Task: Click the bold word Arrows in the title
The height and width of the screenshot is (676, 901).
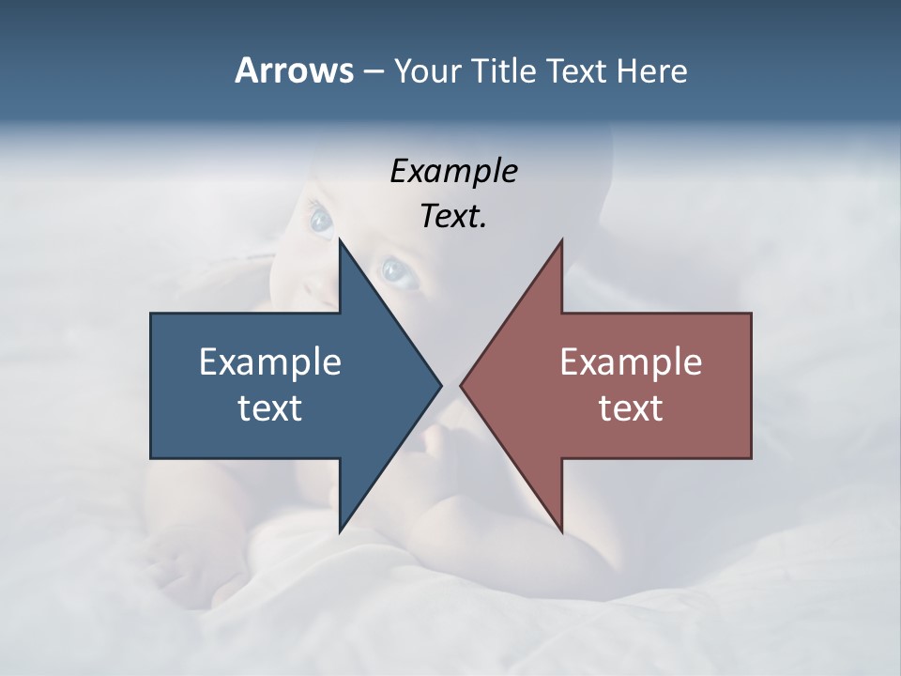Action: [293, 70]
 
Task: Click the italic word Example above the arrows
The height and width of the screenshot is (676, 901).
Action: [453, 172]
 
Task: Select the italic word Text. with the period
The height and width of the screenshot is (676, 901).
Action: [453, 217]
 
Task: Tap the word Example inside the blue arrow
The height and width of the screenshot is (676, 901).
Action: [270, 361]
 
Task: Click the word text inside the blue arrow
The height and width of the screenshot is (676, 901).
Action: [270, 408]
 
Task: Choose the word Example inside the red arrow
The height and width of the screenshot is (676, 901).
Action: [631, 361]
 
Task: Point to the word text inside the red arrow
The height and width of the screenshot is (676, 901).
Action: [631, 408]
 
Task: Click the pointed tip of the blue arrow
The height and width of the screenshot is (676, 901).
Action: [441, 385]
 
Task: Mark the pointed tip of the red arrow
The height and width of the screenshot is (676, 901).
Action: [461, 385]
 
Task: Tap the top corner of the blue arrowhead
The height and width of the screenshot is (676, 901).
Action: [340, 240]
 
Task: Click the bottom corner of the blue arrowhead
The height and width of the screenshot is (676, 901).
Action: [340, 531]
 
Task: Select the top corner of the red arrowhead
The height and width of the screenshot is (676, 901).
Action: [561, 240]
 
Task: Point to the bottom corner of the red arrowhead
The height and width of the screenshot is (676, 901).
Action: [561, 531]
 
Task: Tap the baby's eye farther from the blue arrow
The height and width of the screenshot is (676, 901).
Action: [321, 220]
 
